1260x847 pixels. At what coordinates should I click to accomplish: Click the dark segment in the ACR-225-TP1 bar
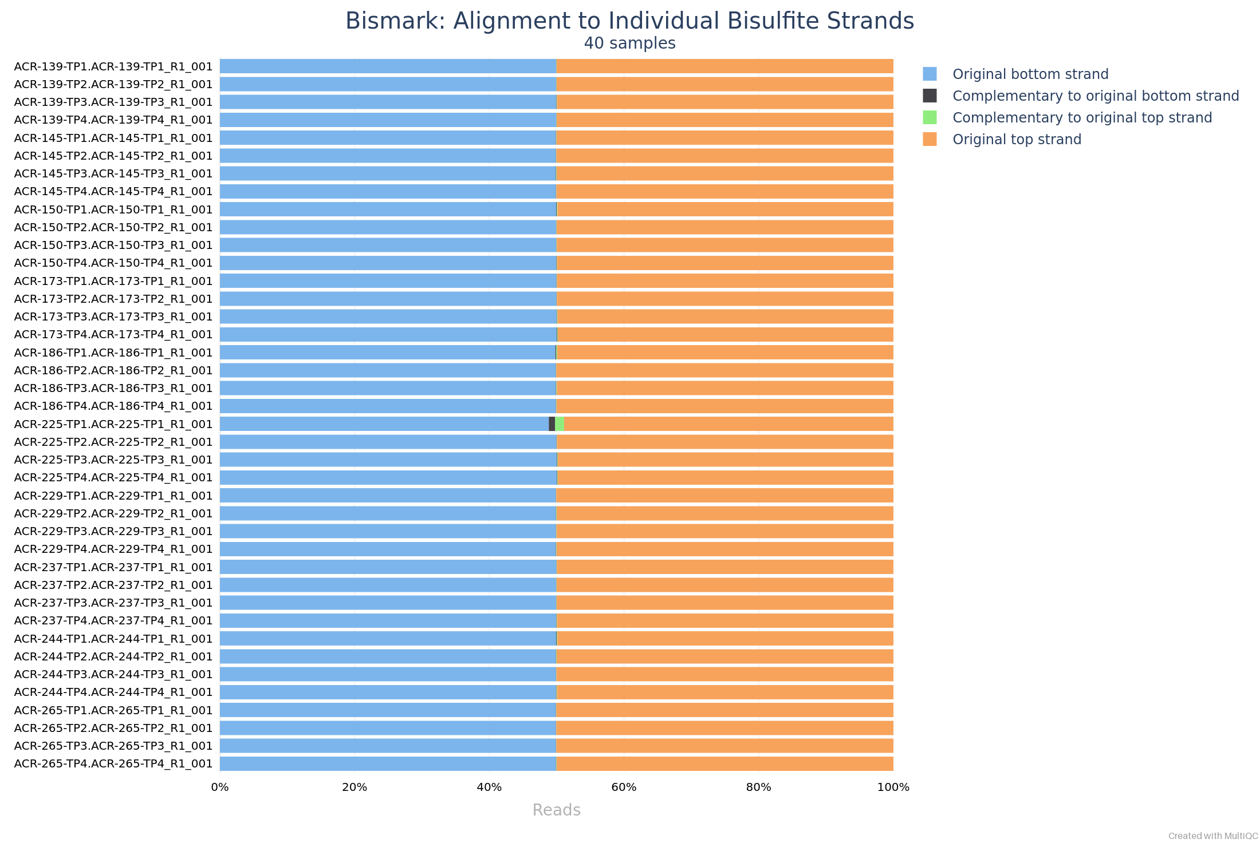552,424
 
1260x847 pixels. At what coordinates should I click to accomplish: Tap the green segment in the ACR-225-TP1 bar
560,424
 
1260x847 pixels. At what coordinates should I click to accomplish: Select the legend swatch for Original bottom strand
930,74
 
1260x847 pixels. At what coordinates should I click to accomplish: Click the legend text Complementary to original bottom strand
1095,96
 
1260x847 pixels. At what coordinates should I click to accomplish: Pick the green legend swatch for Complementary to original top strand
930,118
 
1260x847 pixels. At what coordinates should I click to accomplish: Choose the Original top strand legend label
1017,140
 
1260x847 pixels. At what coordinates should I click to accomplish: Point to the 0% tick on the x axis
220,787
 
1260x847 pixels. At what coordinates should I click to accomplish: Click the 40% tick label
489,787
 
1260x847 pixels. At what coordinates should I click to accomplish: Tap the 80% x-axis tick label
758,787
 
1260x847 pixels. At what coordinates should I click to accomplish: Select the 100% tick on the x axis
893,787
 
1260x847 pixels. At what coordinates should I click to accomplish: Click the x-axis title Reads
556,810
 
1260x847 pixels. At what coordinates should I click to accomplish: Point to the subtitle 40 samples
629,43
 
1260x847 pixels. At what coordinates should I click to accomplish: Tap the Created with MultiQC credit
1212,836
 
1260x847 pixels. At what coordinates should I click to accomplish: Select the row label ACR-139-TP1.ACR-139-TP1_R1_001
113,66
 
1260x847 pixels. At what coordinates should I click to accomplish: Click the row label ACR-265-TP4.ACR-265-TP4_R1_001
113,763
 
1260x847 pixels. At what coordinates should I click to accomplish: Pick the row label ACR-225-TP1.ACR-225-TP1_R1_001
113,424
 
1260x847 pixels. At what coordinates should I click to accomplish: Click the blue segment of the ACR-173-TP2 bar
388,299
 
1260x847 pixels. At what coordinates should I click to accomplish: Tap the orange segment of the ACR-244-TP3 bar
724,674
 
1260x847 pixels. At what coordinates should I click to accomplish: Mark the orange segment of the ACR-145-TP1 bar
724,138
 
